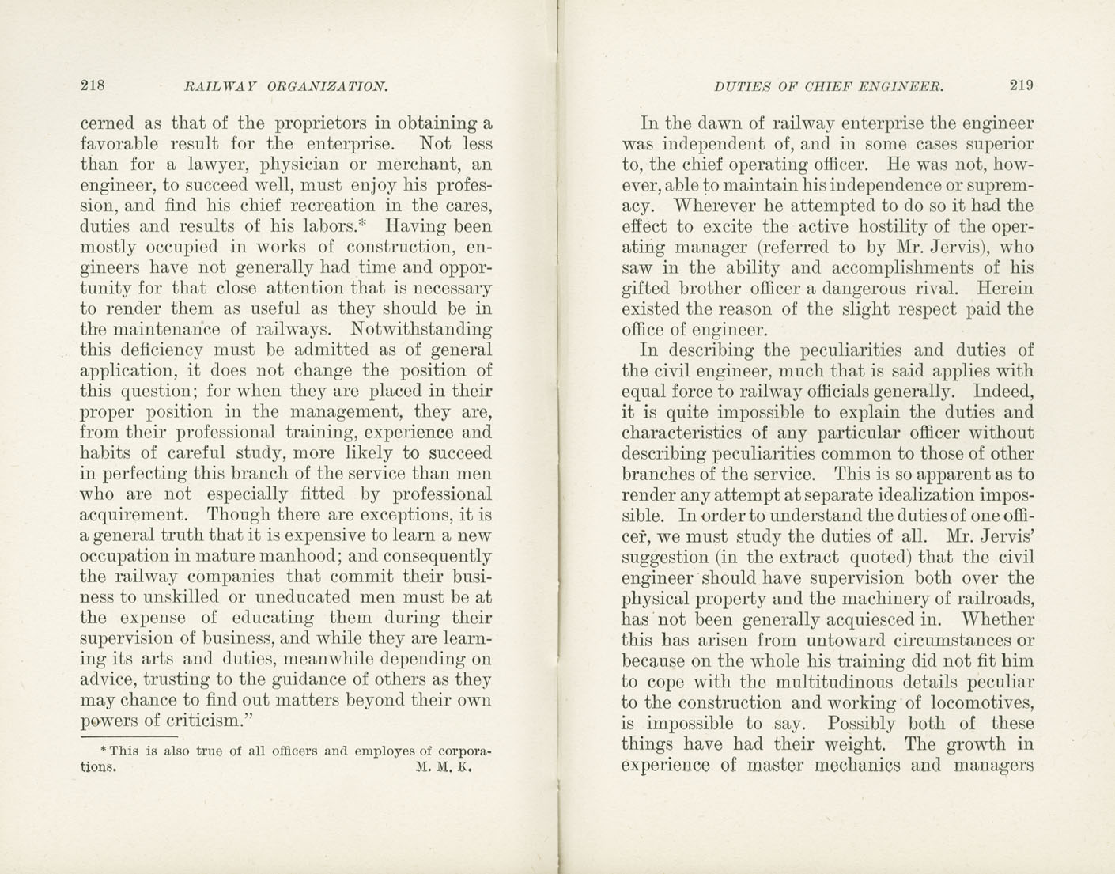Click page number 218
93,85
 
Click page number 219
1021,85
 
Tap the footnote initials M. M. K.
443,767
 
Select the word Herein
1005,289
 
